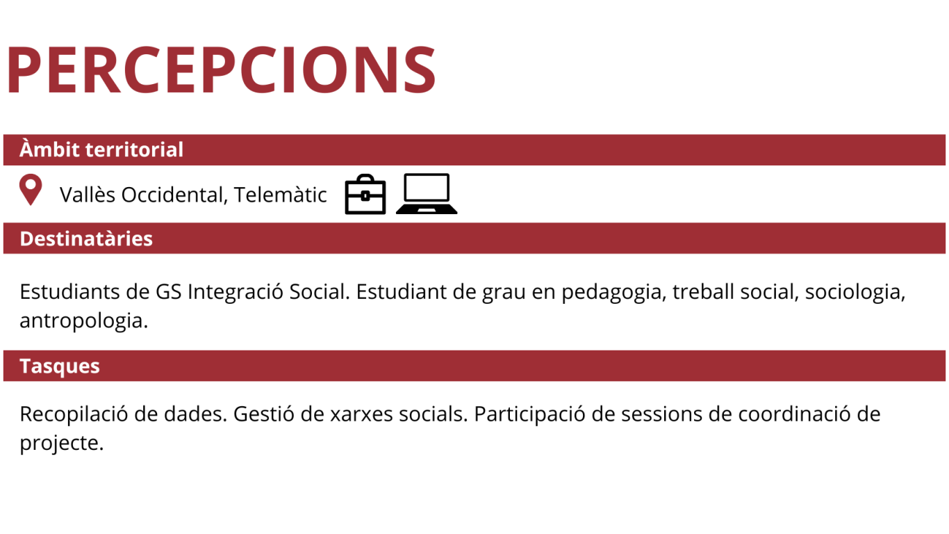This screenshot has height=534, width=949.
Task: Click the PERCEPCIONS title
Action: tap(221, 69)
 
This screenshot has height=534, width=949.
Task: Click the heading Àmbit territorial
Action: tap(101, 149)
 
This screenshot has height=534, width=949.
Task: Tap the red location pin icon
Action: tap(31, 190)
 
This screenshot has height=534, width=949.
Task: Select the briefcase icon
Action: tap(365, 194)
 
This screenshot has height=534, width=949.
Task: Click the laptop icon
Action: tap(427, 193)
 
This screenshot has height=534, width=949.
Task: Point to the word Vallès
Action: tap(88, 195)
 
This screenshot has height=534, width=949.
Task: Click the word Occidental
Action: tap(174, 195)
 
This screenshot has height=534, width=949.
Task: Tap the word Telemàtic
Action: tap(280, 195)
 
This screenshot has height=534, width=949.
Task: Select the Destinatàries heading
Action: tap(86, 238)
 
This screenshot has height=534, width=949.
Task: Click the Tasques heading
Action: tap(59, 366)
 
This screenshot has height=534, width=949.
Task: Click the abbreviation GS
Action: tap(169, 292)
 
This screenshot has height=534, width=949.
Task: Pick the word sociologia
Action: tap(855, 293)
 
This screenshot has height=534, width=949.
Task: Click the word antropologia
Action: tap(84, 321)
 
